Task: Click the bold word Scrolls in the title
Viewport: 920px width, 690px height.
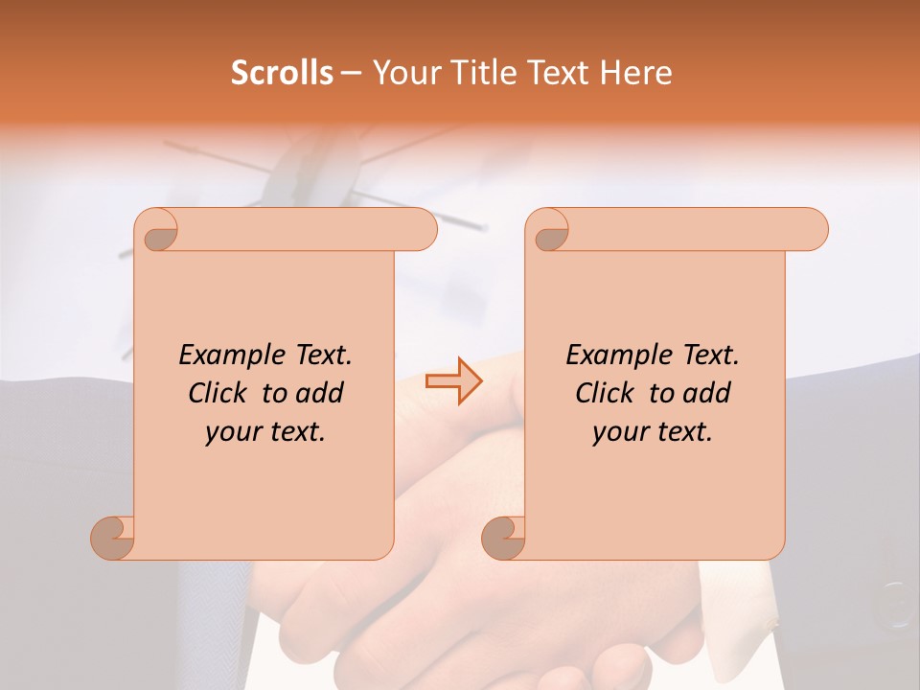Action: pyautogui.click(x=283, y=72)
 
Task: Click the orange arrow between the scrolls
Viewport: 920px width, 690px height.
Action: pyautogui.click(x=453, y=381)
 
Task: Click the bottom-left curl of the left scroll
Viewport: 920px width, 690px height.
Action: pyautogui.click(x=113, y=538)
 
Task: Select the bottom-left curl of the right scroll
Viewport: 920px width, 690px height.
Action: pyautogui.click(x=504, y=538)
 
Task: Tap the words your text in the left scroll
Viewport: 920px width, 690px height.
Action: pyautogui.click(x=265, y=431)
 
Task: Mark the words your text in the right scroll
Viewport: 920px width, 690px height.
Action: pyautogui.click(x=653, y=431)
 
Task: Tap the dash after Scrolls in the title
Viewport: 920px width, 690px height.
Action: pyautogui.click(x=351, y=72)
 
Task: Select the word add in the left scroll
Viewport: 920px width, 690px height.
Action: pyautogui.click(x=321, y=393)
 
